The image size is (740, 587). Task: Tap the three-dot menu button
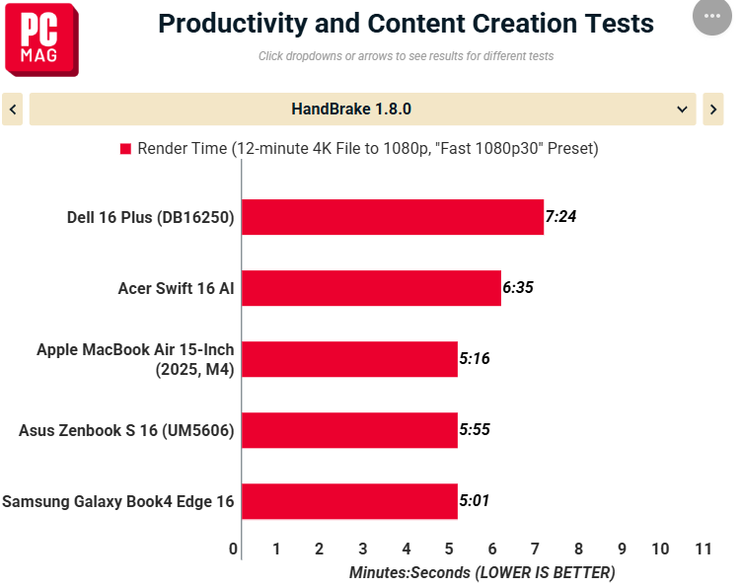point(712,17)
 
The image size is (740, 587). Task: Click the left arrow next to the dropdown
point(13,110)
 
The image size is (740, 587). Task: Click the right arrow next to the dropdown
point(712,110)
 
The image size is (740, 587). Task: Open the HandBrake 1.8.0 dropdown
point(362,110)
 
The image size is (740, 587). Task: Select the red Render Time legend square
point(125,149)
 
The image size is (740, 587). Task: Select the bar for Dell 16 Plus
point(393,217)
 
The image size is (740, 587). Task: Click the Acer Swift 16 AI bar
point(371,288)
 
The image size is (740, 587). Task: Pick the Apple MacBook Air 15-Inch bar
point(349,359)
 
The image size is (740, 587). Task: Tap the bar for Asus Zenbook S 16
point(349,430)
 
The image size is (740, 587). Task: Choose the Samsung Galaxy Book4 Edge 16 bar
point(349,501)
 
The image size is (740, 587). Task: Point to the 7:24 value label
point(560,217)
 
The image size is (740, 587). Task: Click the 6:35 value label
point(518,288)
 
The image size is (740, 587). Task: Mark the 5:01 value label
point(475,501)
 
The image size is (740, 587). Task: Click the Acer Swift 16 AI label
point(176,288)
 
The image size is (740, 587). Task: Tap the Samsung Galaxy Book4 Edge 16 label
point(118,501)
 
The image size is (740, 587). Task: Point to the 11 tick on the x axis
point(703,549)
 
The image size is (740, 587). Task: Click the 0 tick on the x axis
point(234,549)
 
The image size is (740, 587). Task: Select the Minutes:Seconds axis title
point(481,572)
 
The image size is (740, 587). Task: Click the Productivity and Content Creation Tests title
point(406,24)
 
